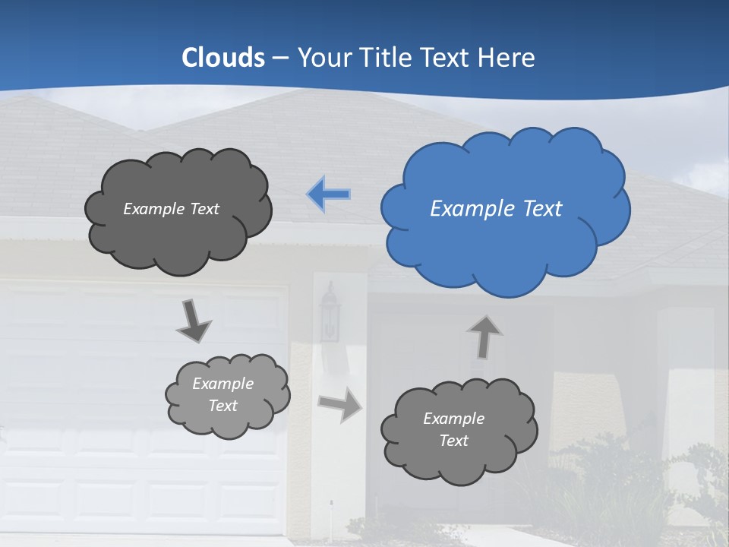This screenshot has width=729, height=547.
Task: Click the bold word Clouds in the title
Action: (223, 57)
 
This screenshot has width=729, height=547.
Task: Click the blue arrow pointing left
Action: (329, 194)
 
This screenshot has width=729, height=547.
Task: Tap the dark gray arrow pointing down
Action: (194, 321)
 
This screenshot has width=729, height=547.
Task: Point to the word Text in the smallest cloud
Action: (222, 406)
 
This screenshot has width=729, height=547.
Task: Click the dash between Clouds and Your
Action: (280, 57)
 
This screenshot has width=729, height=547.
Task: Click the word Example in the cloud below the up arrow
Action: (453, 419)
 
